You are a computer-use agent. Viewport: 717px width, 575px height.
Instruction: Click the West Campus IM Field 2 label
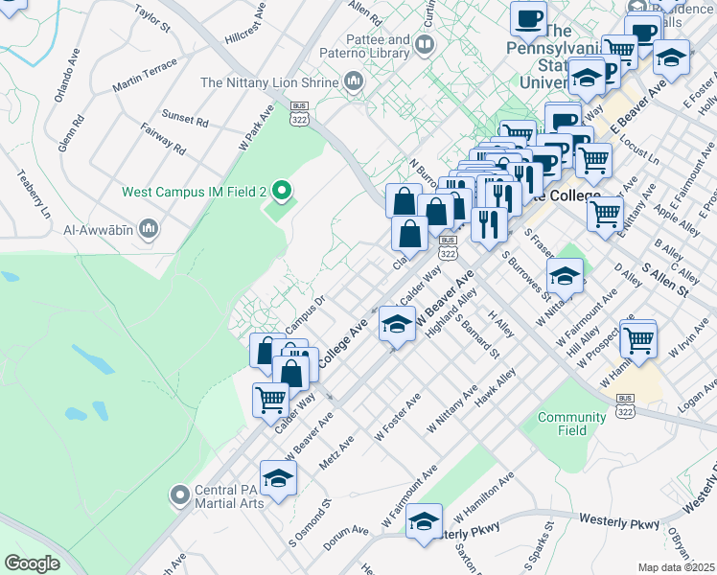pyautogui.click(x=194, y=192)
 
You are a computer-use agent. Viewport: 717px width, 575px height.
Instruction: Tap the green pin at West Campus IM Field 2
pyautogui.click(x=281, y=192)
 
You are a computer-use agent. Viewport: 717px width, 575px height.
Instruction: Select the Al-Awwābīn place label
pyautogui.click(x=96, y=229)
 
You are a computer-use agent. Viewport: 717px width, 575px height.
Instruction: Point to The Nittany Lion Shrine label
pyautogui.click(x=269, y=83)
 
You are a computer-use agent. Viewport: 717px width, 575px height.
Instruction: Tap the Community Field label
pyautogui.click(x=572, y=424)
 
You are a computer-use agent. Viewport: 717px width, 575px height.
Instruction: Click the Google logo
pyautogui.click(x=32, y=563)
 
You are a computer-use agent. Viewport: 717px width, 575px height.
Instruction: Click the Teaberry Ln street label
pyautogui.click(x=33, y=194)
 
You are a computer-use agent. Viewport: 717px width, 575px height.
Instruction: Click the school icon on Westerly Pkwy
pyautogui.click(x=423, y=523)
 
